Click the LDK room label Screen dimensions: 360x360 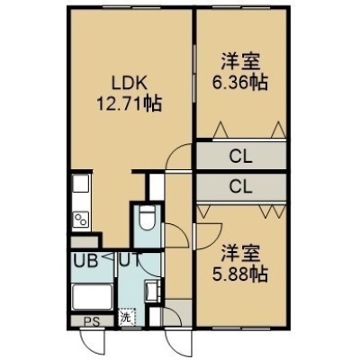pyautogui.click(x=129, y=84)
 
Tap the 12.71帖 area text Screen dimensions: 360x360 pyautogui.click(x=129, y=103)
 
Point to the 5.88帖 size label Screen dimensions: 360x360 pyautogui.click(x=240, y=274)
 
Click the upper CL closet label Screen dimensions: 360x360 pyautogui.click(x=241, y=157)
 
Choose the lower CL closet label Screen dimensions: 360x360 pyautogui.click(x=241, y=187)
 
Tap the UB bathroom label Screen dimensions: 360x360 pyautogui.click(x=85, y=261)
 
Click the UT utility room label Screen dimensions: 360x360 pyautogui.click(x=130, y=260)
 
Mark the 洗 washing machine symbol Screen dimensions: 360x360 pyautogui.click(x=127, y=317)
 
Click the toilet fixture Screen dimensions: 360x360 pyautogui.click(x=147, y=218)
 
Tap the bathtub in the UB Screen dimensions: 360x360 pyautogui.click(x=93, y=298)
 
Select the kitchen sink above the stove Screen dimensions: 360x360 pyautogui.click(x=81, y=184)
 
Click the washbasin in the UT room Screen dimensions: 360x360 pyautogui.click(x=150, y=291)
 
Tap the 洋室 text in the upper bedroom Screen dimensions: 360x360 pyautogui.click(x=240, y=61)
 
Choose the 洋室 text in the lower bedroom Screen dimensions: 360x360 pyautogui.click(x=240, y=254)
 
